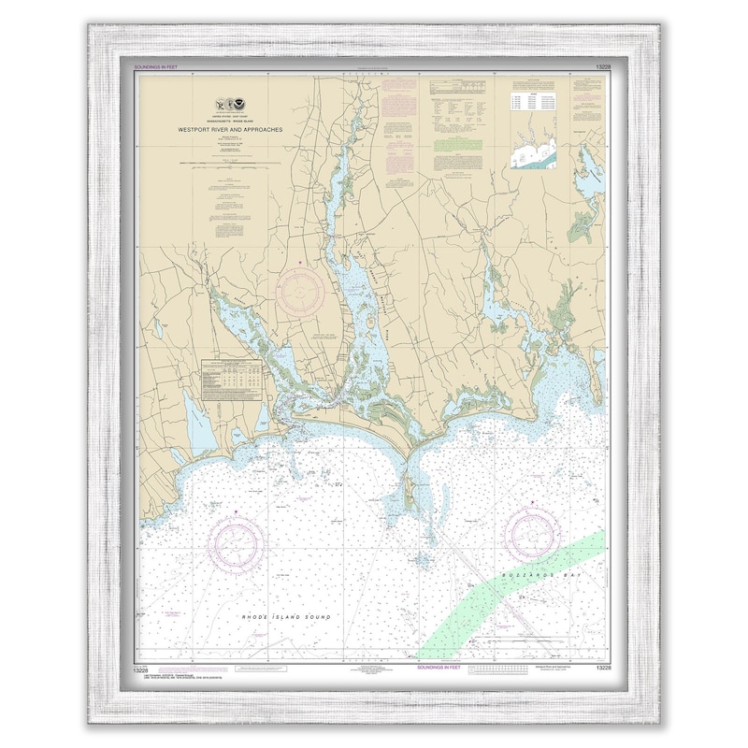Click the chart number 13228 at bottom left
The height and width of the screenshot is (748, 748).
[147, 668]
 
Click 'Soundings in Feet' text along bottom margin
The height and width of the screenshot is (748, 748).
[439, 668]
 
